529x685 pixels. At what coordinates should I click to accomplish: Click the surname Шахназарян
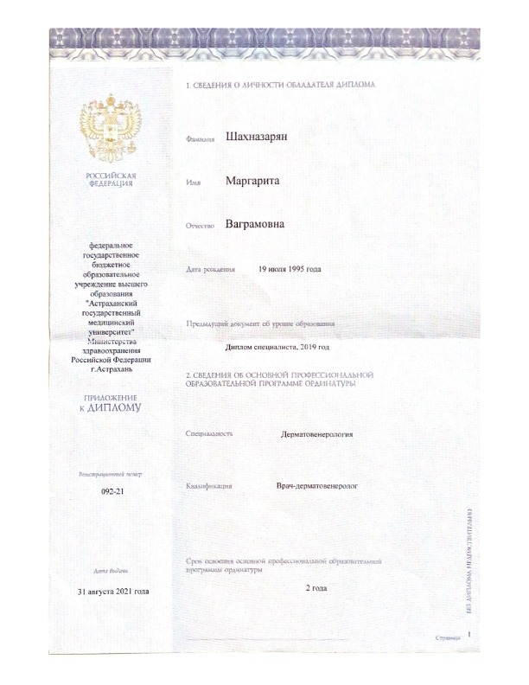[x=258, y=137]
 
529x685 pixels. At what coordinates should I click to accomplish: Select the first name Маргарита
[x=256, y=182]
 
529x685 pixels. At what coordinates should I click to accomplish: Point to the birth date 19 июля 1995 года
[x=290, y=270]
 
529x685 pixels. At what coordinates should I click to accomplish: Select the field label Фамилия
[x=200, y=139]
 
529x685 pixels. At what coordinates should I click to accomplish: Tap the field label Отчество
[x=201, y=227]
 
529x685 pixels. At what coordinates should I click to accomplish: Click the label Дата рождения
[x=211, y=271]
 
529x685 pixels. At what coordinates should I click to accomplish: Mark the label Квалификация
[x=210, y=486]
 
